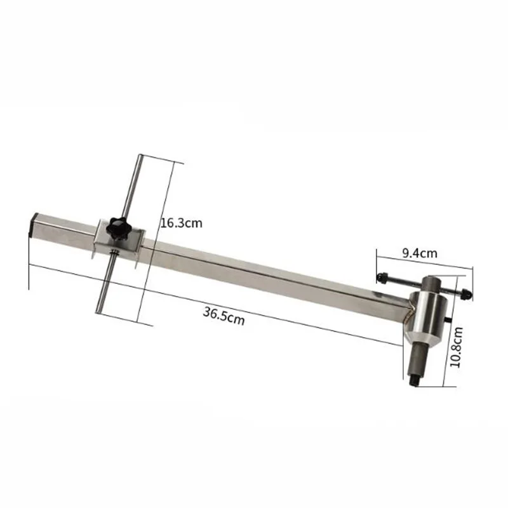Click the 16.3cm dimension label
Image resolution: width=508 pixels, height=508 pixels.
[182, 224]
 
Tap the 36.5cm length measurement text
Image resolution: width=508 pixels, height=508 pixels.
[224, 316]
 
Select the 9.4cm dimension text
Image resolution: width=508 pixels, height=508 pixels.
[420, 253]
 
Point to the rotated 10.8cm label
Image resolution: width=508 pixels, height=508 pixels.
[457, 347]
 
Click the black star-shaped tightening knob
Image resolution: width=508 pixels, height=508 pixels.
[117, 229]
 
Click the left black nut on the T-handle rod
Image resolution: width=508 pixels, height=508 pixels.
[382, 277]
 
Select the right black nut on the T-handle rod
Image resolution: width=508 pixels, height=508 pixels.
[466, 293]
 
